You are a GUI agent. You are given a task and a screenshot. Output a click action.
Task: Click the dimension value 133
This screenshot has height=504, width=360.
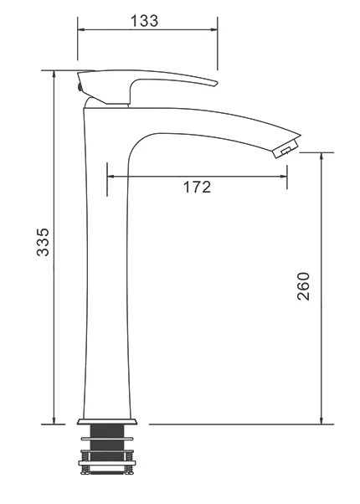pos(144,21)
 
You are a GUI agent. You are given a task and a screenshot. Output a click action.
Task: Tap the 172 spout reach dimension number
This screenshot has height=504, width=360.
pos(197,187)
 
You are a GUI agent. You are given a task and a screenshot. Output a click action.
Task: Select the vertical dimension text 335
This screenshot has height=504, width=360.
pos(43,242)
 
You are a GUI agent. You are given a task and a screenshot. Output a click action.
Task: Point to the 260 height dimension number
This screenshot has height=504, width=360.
pos(303,286)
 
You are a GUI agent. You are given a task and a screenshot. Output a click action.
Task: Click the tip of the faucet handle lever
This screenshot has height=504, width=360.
pos(216,84)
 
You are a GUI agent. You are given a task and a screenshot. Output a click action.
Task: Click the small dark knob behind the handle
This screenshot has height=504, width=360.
pos(79,87)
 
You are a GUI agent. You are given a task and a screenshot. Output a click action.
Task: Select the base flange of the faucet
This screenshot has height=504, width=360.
pos(107,421)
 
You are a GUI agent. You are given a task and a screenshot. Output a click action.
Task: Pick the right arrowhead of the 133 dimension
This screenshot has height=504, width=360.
pos(214,29)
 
